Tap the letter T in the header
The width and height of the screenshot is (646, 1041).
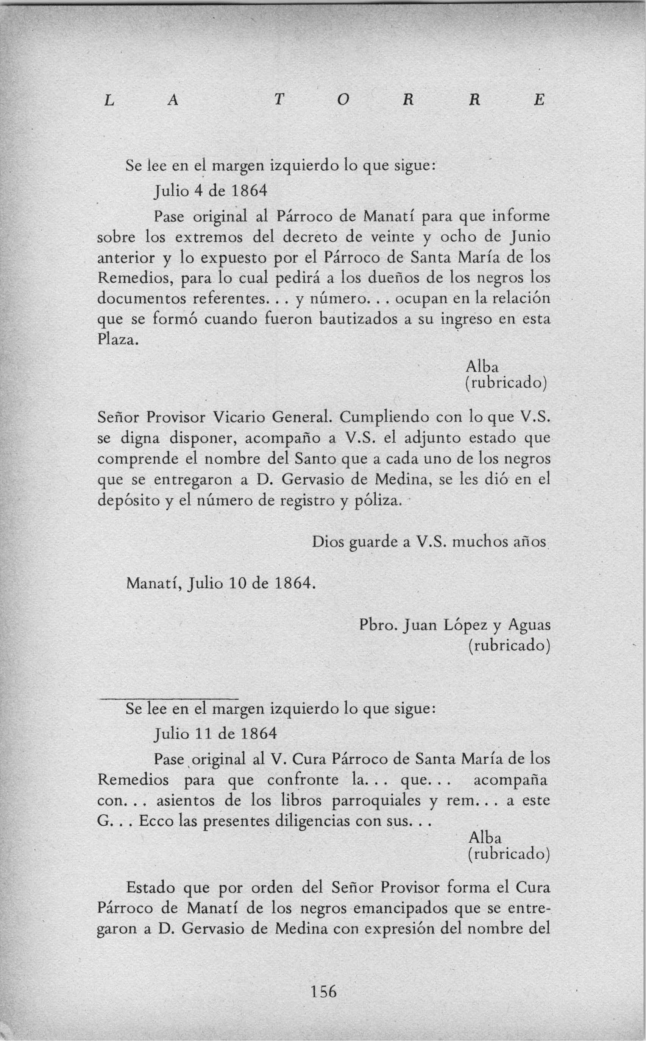pyautogui.click(x=279, y=100)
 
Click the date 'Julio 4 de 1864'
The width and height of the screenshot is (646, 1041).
pyautogui.click(x=210, y=190)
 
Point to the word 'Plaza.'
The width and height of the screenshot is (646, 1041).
pyautogui.click(x=118, y=339)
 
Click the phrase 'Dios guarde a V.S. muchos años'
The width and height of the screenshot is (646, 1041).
pyautogui.click(x=429, y=542)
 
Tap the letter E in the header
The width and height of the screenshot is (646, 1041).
pyautogui.click(x=540, y=100)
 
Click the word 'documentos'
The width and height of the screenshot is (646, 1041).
pyautogui.click(x=141, y=299)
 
